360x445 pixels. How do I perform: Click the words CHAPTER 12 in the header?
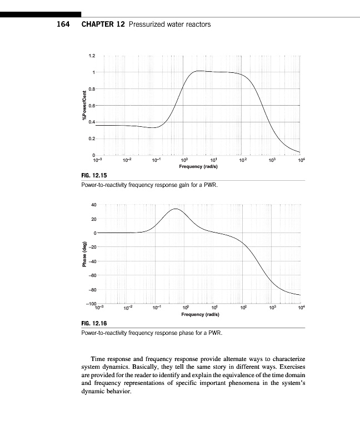pyautogui.click(x=103, y=24)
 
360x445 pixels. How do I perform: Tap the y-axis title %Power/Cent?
pyautogui.click(x=84, y=105)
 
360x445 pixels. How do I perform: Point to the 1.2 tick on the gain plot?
pyautogui.click(x=92, y=56)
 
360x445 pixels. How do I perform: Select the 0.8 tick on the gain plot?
pyautogui.click(x=92, y=89)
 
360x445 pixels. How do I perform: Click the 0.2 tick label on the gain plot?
pyautogui.click(x=92, y=138)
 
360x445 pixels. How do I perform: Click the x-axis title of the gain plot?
pyautogui.click(x=198, y=166)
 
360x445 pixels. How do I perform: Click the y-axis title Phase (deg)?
pyautogui.click(x=84, y=255)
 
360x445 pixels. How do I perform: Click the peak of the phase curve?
pyautogui.click(x=176, y=209)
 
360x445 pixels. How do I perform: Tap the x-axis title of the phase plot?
pyautogui.click(x=198, y=314)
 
